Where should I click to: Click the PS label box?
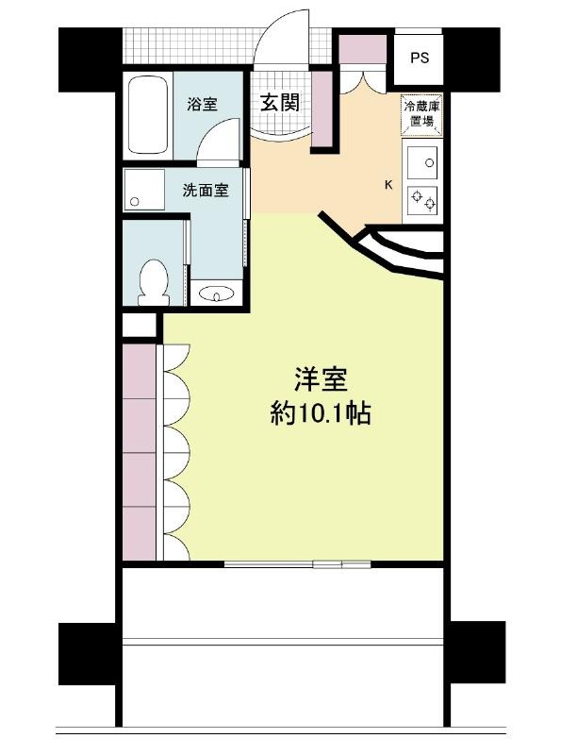pyautogui.click(x=420, y=58)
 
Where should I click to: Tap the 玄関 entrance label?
pyautogui.click(x=280, y=103)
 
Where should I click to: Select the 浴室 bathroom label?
pyautogui.click(x=202, y=104)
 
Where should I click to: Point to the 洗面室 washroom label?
pyautogui.click(x=206, y=191)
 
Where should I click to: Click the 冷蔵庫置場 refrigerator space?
pyautogui.click(x=421, y=113)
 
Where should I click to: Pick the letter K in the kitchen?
pyautogui.click(x=388, y=184)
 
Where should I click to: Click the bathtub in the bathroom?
pyautogui.click(x=148, y=115)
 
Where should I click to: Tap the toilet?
pyautogui.click(x=154, y=282)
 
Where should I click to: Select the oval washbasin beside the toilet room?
pyautogui.click(x=216, y=294)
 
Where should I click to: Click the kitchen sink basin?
pyautogui.click(x=422, y=162)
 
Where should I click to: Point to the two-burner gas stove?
pyautogui.click(x=422, y=200)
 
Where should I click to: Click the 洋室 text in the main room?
pyautogui.click(x=321, y=379)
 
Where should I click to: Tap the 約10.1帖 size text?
pyautogui.click(x=321, y=413)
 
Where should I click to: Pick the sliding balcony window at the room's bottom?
pyautogui.click(x=297, y=563)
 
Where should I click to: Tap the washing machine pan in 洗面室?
pyautogui.click(x=144, y=190)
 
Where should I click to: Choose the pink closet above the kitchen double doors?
pyautogui.click(x=363, y=49)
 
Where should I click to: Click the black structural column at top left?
pyautogui.click(x=90, y=59)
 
